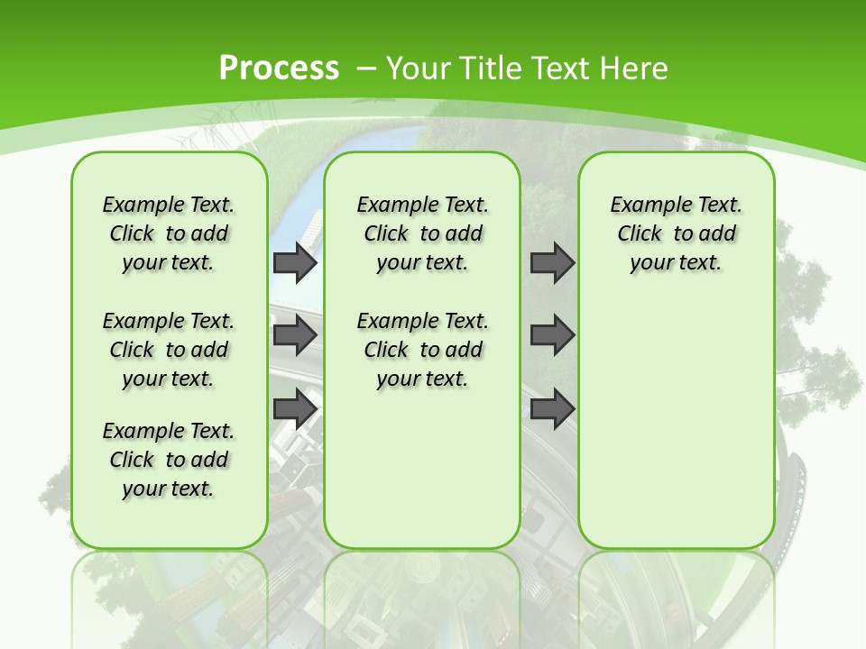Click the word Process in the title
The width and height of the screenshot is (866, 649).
(x=279, y=68)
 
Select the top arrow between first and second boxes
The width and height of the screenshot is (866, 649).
(x=295, y=262)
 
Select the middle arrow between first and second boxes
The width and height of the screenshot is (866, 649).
(x=295, y=335)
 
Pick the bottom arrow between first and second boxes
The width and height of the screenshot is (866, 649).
(x=295, y=409)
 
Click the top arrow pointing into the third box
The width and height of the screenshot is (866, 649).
(x=552, y=262)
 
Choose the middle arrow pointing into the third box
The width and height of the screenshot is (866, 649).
(x=552, y=335)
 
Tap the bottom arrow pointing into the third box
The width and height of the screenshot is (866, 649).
(x=552, y=409)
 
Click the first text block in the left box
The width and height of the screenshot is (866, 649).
(x=169, y=233)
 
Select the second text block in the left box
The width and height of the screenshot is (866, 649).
(x=169, y=350)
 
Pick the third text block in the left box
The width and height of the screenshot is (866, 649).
(x=169, y=460)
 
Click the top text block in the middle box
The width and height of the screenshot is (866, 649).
(x=422, y=233)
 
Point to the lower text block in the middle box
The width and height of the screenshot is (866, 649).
(x=422, y=350)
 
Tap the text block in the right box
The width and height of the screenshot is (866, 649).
(x=676, y=233)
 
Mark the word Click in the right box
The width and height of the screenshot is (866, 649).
(x=640, y=233)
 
